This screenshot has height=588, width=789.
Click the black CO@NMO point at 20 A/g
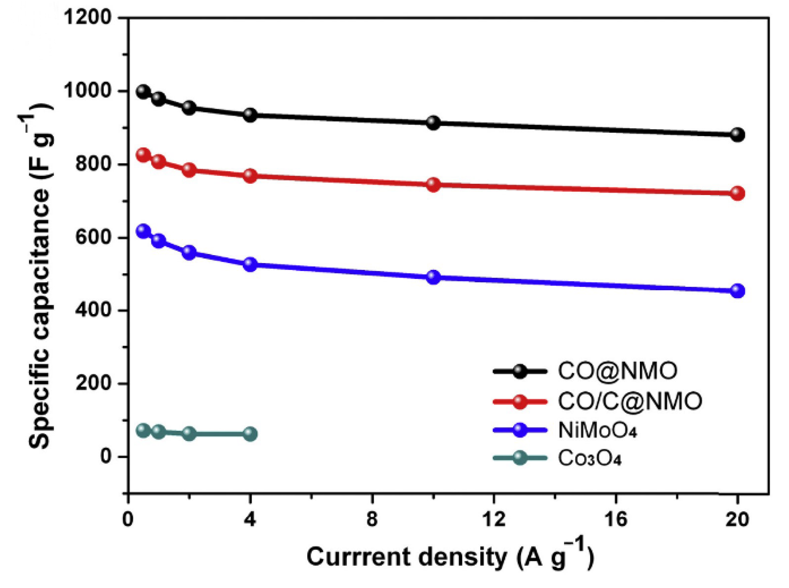(x=738, y=134)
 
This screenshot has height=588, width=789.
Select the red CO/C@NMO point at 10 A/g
(x=433, y=185)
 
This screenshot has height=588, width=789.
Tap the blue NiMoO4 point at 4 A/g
(x=250, y=264)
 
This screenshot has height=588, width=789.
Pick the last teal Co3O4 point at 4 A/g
(x=250, y=434)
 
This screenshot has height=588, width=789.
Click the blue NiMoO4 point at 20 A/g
(x=738, y=291)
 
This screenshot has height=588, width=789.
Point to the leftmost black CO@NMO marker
(x=143, y=91)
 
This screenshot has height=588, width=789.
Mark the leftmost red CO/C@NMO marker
(x=143, y=155)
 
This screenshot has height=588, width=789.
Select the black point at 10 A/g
(x=433, y=123)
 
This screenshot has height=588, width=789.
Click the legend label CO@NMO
(x=617, y=371)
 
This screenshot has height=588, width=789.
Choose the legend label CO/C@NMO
(x=630, y=401)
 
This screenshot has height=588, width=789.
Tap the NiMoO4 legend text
(x=598, y=430)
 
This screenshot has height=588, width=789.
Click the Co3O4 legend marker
(x=520, y=458)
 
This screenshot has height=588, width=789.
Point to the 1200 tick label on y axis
(x=88, y=18)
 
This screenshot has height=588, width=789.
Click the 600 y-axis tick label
(x=94, y=237)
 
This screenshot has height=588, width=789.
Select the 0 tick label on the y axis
(x=106, y=456)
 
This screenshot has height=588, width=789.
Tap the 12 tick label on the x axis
(x=494, y=520)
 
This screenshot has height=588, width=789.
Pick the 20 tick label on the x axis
(x=737, y=520)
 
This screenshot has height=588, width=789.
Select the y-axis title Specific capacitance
(x=40, y=276)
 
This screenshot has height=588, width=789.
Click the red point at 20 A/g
(x=738, y=193)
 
